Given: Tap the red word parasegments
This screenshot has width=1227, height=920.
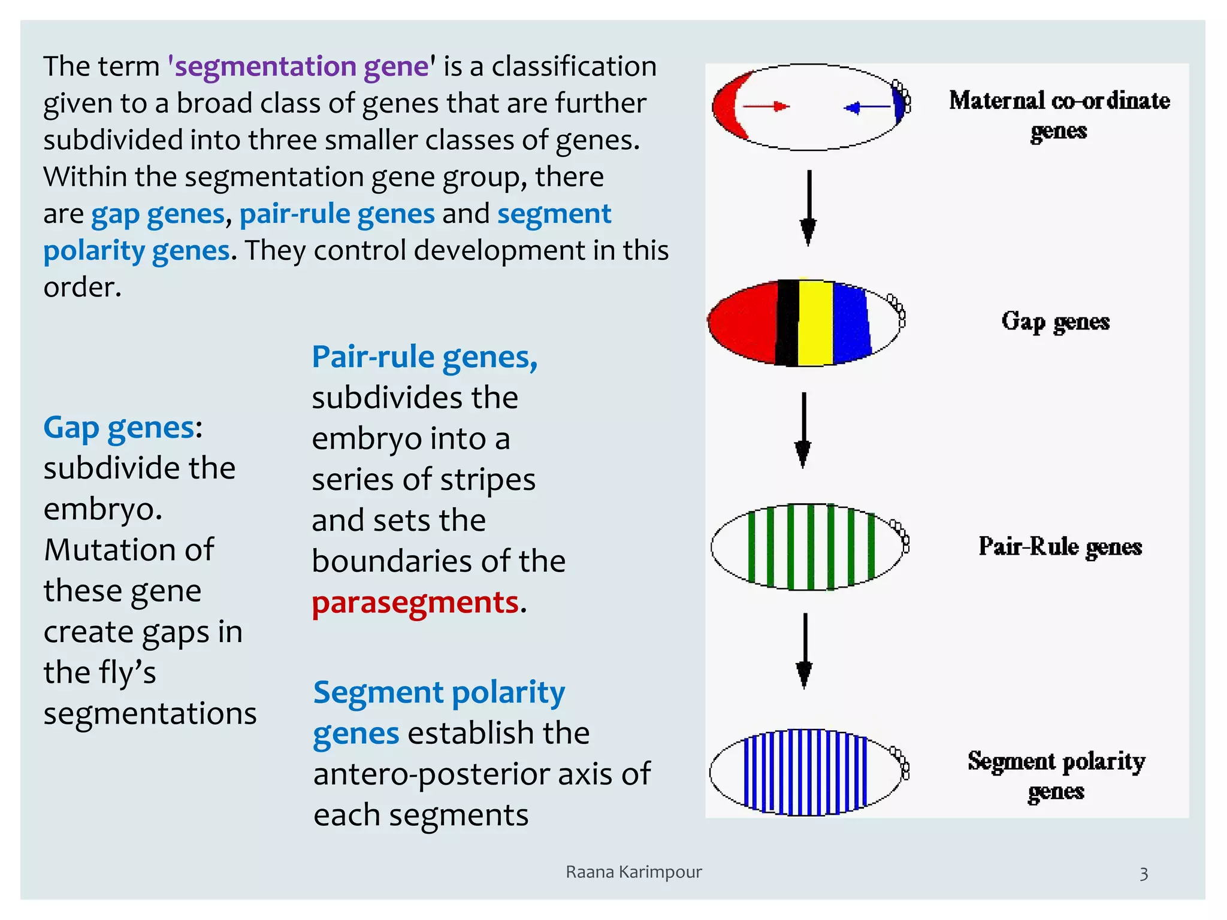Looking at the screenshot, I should tap(415, 603).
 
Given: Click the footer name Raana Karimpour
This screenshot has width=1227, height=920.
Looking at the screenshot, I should tap(633, 872).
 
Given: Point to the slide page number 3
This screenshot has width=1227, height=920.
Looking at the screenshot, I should tap(1143, 874).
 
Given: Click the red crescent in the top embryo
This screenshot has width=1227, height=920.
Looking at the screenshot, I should tap(726, 107).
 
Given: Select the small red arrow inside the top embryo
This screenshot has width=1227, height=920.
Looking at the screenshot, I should tap(766, 107).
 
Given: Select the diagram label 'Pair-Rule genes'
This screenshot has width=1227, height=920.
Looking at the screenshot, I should tap(1060, 546).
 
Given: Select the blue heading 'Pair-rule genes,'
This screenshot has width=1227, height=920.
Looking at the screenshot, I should tap(424, 357).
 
